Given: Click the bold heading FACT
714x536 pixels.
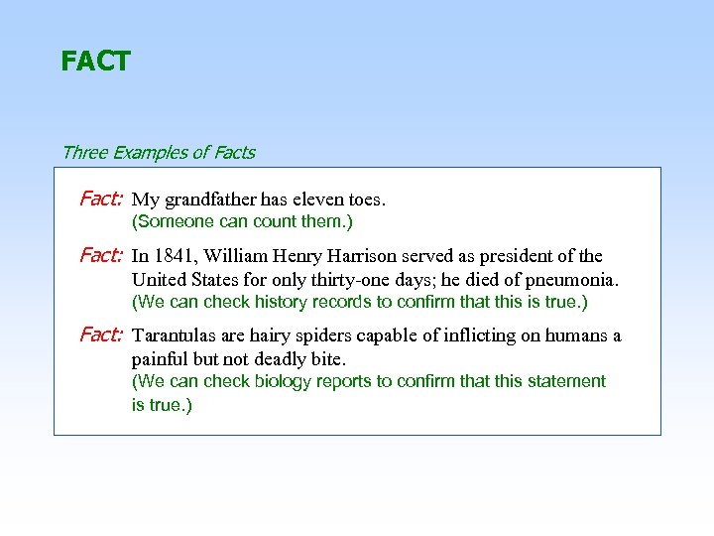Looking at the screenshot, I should coord(95,62).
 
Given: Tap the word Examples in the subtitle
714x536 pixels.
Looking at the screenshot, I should coord(148,153).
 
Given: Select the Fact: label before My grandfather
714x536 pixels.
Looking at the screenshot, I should coord(100,199).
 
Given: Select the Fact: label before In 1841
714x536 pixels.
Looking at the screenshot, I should coord(100,256).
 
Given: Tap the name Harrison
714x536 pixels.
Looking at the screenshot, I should coord(377,257).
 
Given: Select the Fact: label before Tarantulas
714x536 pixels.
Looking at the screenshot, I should coord(100,335).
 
